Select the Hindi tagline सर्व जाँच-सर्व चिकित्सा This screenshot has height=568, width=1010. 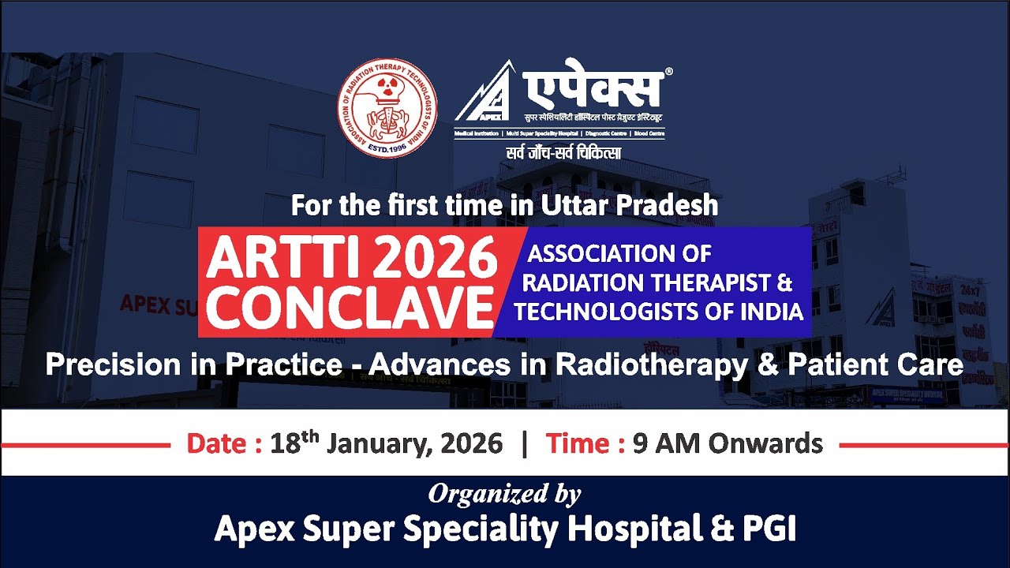(x=563, y=152)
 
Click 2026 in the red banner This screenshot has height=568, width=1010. (x=422, y=258)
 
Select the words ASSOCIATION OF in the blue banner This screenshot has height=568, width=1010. (x=619, y=254)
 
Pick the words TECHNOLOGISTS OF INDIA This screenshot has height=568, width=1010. (x=658, y=312)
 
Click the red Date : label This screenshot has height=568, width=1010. (x=224, y=443)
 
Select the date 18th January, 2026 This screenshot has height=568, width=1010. (x=386, y=443)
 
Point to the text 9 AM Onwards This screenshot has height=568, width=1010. (x=727, y=443)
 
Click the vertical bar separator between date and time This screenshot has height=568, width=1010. (x=524, y=443)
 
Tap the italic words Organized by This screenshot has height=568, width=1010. (x=504, y=494)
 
